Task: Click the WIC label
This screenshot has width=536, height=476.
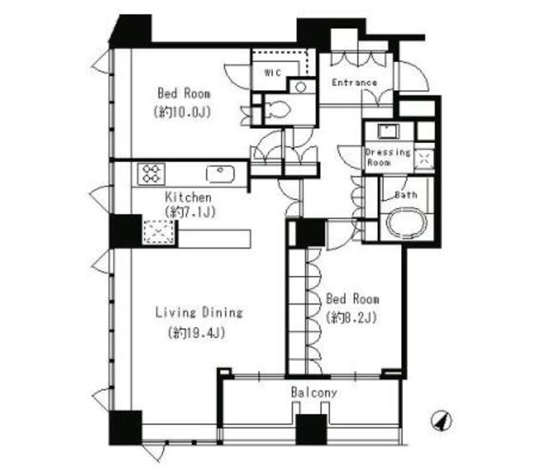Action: pyautogui.click(x=272, y=73)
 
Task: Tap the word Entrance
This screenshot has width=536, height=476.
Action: pyautogui.click(x=354, y=83)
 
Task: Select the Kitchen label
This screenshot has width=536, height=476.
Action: pyautogui.click(x=188, y=197)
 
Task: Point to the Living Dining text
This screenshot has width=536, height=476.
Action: pyautogui.click(x=199, y=312)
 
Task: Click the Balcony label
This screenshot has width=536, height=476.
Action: pyautogui.click(x=314, y=392)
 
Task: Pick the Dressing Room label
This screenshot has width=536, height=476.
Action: pyautogui.click(x=388, y=157)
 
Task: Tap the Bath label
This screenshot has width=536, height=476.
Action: pyautogui.click(x=405, y=195)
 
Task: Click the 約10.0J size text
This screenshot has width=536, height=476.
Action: pyautogui.click(x=182, y=112)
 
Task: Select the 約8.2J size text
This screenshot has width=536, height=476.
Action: pyautogui.click(x=352, y=318)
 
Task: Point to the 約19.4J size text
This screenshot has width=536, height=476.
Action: pyautogui.click(x=197, y=333)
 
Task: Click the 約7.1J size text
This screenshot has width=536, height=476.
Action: pyautogui.click(x=190, y=212)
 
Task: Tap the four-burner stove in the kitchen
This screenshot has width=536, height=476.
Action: pyautogui.click(x=151, y=174)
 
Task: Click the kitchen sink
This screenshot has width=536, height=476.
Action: pyautogui.click(x=220, y=173)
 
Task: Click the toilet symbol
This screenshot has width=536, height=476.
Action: pyautogui.click(x=277, y=109)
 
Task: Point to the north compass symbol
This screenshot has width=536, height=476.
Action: pyautogui.click(x=441, y=421)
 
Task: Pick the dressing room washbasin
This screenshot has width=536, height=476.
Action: pyautogui.click(x=389, y=131)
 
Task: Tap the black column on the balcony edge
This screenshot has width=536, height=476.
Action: pyautogui.click(x=312, y=429)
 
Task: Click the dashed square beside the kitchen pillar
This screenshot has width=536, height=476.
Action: pyautogui.click(x=158, y=232)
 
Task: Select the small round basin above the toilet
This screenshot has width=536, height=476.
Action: pyautogui.click(x=301, y=87)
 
